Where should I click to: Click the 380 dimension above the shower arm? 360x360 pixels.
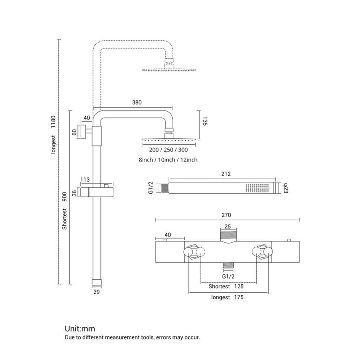click(x=137, y=102)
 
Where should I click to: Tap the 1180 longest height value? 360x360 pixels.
click(x=53, y=122)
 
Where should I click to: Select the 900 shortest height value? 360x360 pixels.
click(x=64, y=197)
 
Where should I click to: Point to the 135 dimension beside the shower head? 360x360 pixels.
click(x=205, y=121)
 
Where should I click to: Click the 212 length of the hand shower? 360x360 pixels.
click(x=226, y=174)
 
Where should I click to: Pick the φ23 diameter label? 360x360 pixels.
click(x=285, y=188)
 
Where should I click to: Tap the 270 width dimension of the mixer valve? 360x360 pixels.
click(x=226, y=215)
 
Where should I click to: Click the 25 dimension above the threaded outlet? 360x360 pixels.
click(x=228, y=226)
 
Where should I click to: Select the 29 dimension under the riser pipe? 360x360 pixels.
click(x=96, y=292)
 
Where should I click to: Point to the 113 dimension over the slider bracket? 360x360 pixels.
click(x=85, y=180)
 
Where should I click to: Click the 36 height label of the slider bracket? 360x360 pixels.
click(x=75, y=193)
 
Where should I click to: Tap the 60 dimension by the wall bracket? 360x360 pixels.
click(x=75, y=132)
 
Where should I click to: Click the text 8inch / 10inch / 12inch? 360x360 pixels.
click(x=168, y=160)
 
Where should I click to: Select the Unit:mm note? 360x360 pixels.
click(x=80, y=329)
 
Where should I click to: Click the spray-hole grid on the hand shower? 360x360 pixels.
click(x=257, y=188)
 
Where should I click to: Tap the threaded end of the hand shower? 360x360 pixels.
click(x=165, y=188)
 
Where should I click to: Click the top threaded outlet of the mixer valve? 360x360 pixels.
click(x=228, y=236)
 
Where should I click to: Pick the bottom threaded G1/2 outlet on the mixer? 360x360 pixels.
click(x=228, y=265)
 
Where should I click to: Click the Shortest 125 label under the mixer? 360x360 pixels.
click(x=226, y=286)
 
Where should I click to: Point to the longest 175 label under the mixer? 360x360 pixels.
click(x=227, y=297)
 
